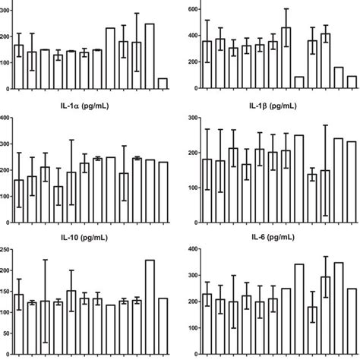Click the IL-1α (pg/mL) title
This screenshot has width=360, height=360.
tap(90, 107)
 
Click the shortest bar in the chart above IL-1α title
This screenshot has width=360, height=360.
tap(163, 83)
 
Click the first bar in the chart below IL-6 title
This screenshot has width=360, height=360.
tap(207, 324)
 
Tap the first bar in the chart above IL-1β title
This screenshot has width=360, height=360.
tap(207, 65)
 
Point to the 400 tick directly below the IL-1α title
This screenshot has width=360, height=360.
tap(6, 118)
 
